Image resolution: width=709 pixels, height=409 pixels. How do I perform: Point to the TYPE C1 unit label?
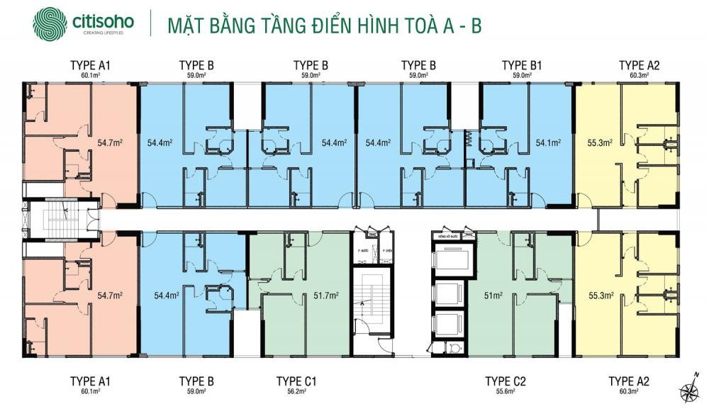(296, 381)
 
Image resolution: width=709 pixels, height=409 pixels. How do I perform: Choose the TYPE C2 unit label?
(506, 381)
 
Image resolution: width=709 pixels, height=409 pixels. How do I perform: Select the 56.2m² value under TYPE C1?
(296, 392)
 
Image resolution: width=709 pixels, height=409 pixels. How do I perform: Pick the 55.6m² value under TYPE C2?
(506, 392)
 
